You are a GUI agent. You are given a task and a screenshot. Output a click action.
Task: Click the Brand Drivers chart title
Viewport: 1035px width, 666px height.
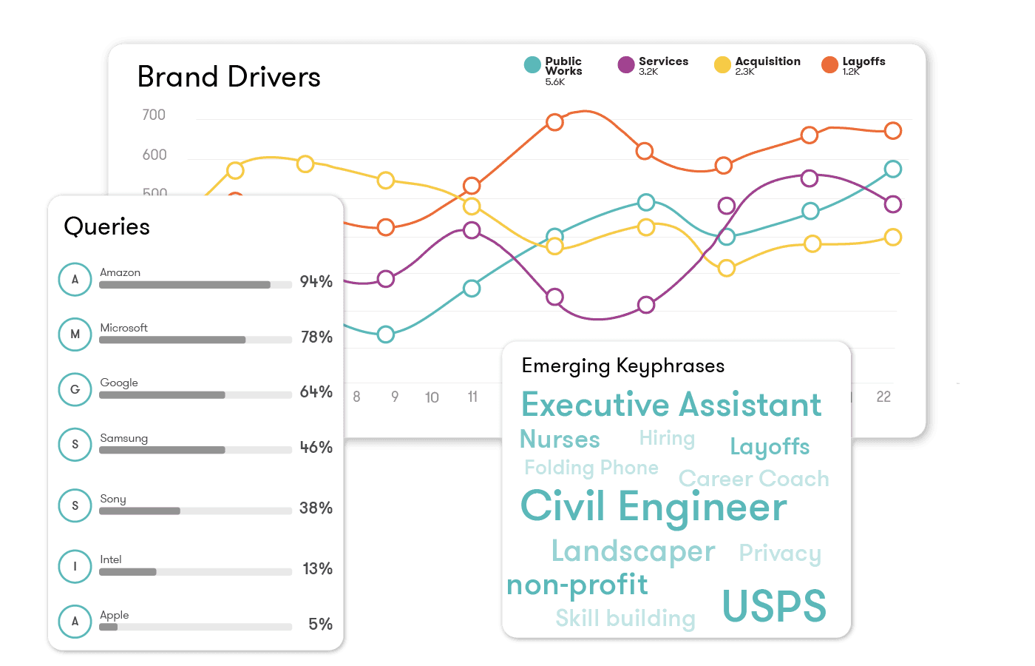click(x=228, y=77)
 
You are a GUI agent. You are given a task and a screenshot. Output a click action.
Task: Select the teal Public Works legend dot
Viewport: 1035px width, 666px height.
click(x=532, y=64)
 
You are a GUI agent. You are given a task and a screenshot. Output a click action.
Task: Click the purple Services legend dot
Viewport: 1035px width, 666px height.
click(x=626, y=64)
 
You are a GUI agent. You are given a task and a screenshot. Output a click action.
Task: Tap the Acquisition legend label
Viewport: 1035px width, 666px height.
click(x=767, y=61)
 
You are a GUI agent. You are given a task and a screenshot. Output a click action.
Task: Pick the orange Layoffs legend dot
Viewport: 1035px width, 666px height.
click(x=829, y=64)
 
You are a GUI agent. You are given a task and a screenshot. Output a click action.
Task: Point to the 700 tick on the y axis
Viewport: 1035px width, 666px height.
click(x=154, y=115)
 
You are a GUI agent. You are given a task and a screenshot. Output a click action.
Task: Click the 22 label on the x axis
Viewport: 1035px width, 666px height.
click(x=883, y=397)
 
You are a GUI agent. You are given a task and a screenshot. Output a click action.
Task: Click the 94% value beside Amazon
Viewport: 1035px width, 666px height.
click(x=316, y=281)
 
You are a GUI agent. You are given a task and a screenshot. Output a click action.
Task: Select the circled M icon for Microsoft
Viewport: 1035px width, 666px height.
click(x=75, y=334)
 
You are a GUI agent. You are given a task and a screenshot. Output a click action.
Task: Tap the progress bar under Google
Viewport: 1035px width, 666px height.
click(x=195, y=395)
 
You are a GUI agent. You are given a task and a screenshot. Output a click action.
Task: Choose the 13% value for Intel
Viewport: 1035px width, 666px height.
click(x=317, y=568)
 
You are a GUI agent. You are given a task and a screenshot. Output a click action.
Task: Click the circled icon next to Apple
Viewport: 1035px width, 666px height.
click(x=75, y=622)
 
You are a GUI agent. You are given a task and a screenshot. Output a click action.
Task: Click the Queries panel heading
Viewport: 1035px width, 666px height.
click(x=107, y=226)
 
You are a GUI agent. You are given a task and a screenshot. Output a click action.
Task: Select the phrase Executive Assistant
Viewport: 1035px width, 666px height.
click(x=671, y=405)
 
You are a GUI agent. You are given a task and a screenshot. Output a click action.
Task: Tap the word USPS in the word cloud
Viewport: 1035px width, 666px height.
click(x=773, y=606)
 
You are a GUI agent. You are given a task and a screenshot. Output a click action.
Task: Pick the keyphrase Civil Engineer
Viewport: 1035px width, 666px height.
click(x=654, y=507)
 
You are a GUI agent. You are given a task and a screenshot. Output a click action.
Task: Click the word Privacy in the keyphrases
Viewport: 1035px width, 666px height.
click(x=780, y=553)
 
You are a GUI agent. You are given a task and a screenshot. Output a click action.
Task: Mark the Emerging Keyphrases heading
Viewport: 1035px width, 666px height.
click(x=622, y=366)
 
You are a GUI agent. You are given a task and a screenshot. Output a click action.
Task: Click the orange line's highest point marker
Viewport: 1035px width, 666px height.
click(x=554, y=122)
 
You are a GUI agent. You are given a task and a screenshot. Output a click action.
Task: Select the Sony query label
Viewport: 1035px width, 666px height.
click(x=113, y=499)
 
